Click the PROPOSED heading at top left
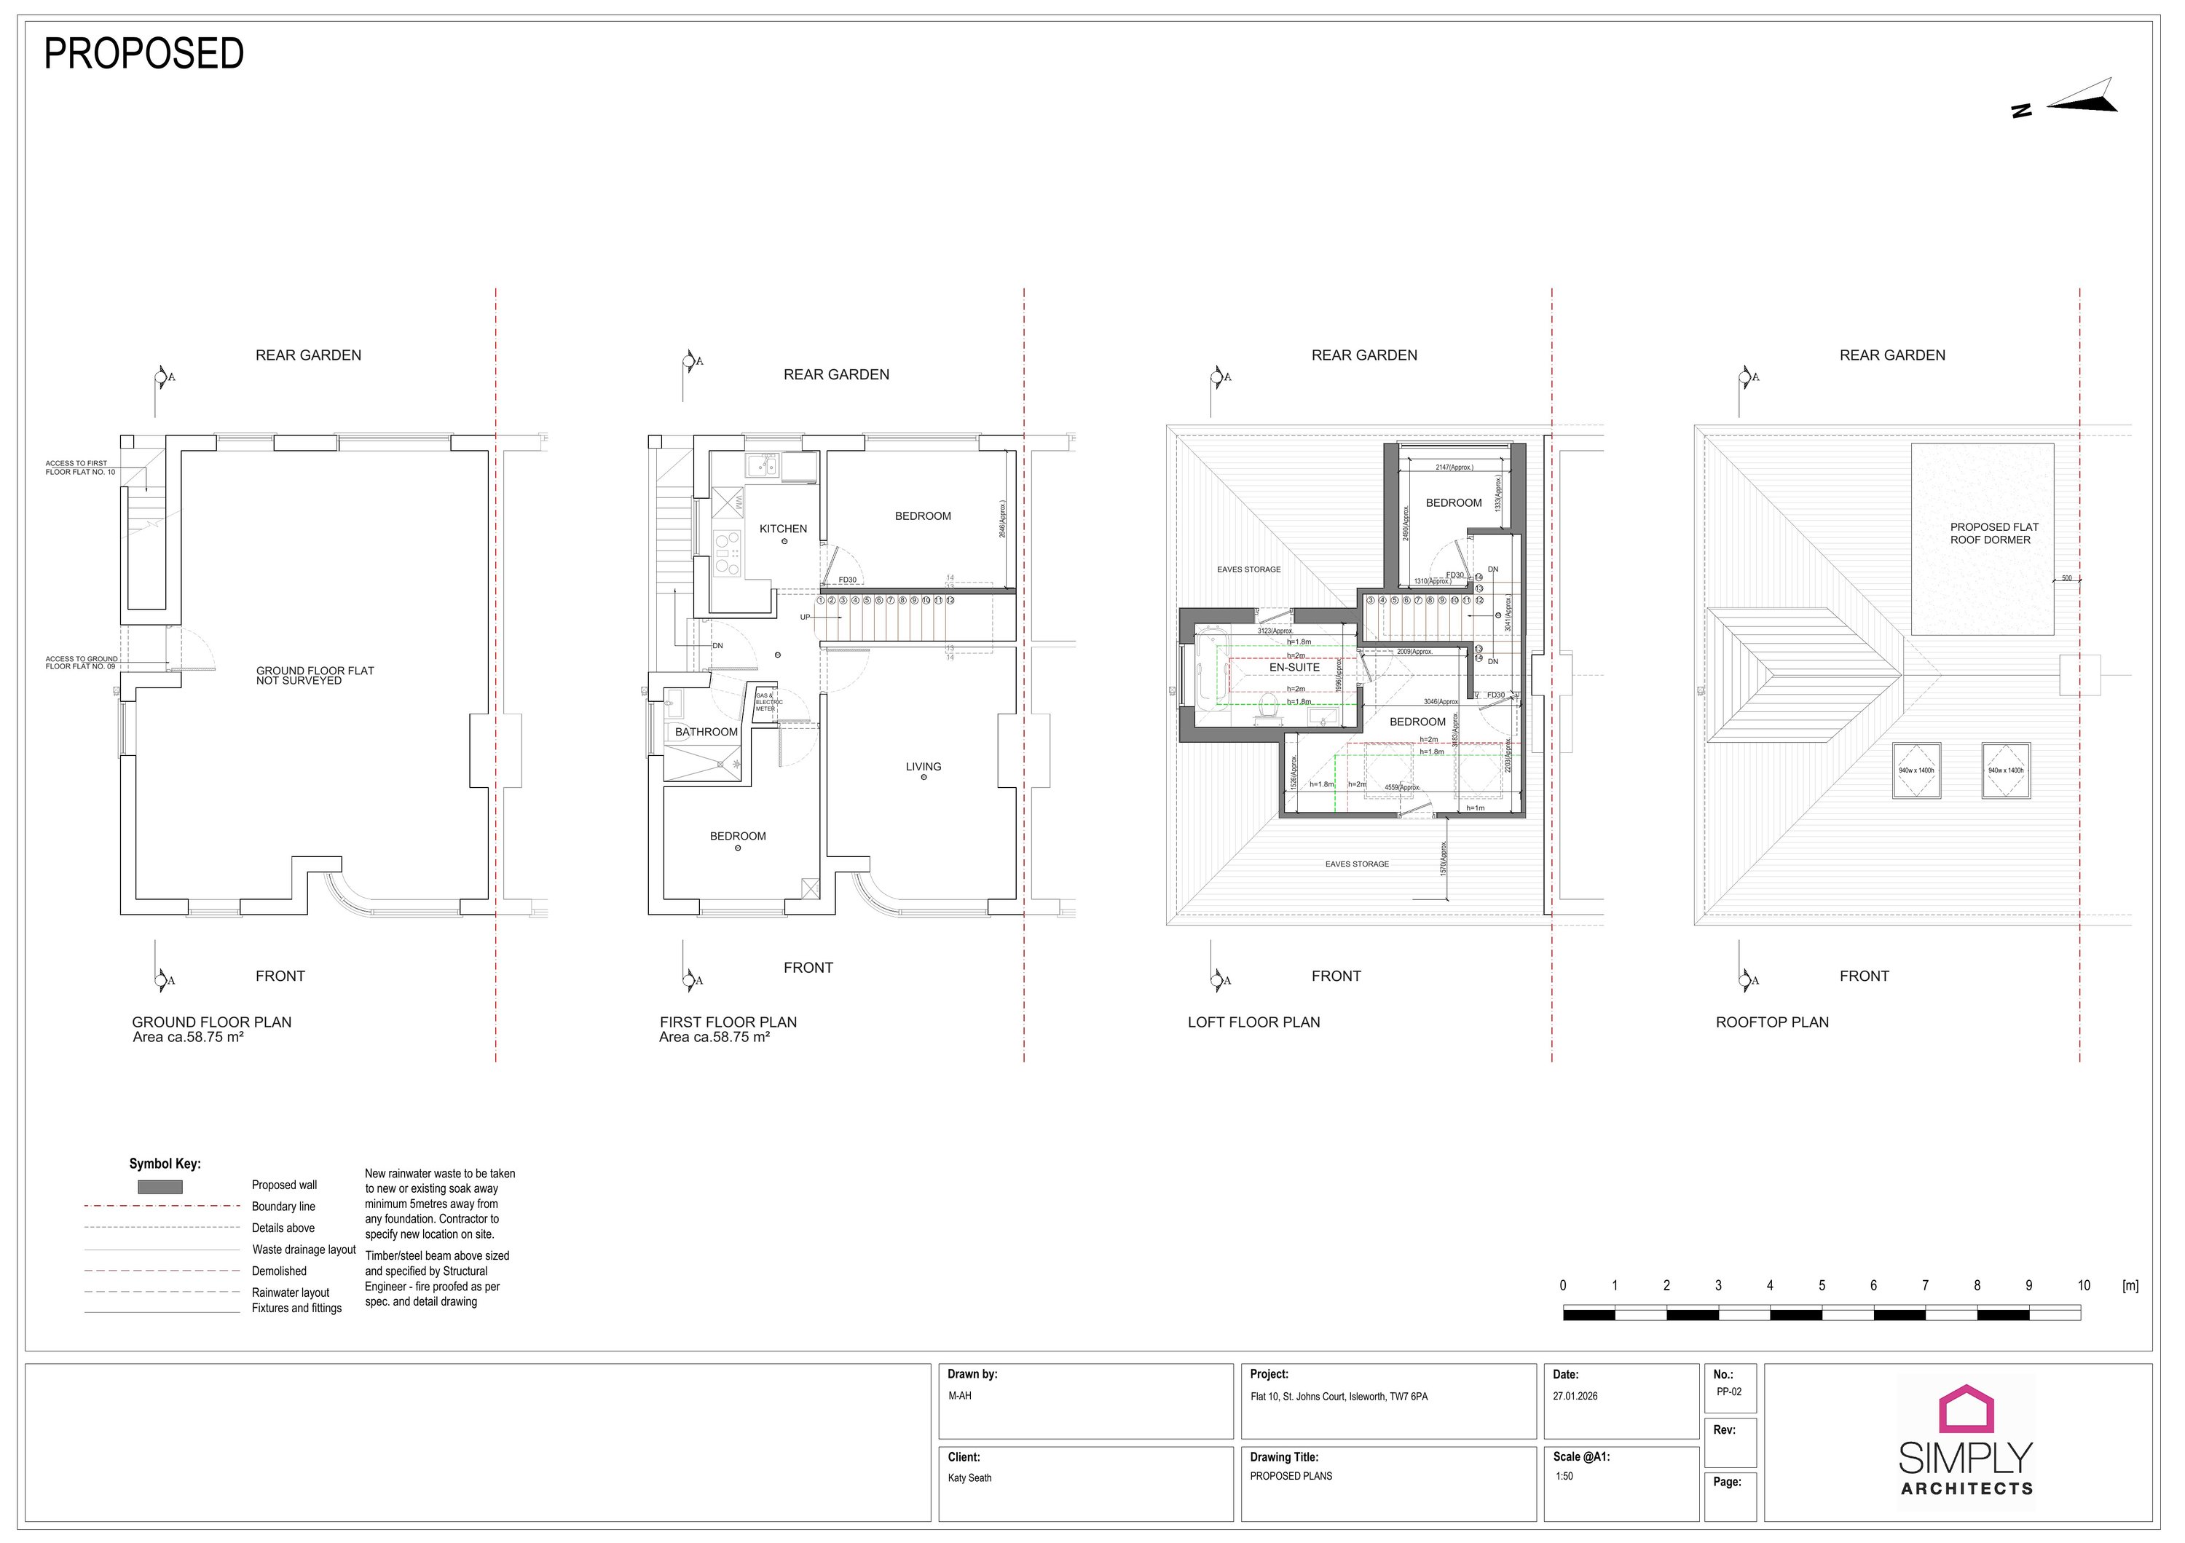(143, 54)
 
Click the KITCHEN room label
(782, 529)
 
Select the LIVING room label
(922, 767)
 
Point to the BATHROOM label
(706, 732)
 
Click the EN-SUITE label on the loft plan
(1294, 667)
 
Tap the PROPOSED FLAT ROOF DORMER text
(1993, 533)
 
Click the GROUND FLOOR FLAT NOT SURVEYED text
(314, 676)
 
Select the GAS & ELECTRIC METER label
(767, 702)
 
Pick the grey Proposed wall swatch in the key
(160, 1187)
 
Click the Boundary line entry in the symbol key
(283, 1207)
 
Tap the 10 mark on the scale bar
(2083, 1285)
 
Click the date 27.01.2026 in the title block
(1575, 1397)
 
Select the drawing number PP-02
(1728, 1392)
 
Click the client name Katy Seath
(969, 1478)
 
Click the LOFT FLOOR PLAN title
(1253, 1022)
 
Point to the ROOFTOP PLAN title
(1771, 1022)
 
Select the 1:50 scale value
(1564, 1477)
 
